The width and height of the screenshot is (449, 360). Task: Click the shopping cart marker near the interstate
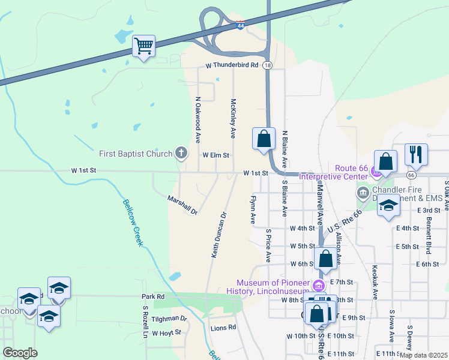[x=144, y=46]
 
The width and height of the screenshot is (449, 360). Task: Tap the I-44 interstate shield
[x=241, y=26]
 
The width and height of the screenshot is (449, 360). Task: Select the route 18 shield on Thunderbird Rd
[x=267, y=65]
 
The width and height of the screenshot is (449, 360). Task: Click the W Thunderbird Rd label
[x=231, y=65]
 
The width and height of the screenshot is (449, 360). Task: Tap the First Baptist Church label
[x=136, y=154]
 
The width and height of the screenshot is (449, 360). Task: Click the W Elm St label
[x=216, y=155]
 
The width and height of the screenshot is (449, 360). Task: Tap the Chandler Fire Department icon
[x=363, y=193]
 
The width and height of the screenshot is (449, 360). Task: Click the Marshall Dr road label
[x=182, y=205]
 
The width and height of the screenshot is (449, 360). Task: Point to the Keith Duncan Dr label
[x=218, y=235]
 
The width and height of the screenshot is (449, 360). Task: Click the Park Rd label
[x=153, y=296]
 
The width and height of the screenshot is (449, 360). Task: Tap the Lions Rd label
[x=223, y=328]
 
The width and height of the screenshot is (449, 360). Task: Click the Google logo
[x=20, y=353]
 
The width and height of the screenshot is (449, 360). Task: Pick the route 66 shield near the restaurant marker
[x=411, y=175]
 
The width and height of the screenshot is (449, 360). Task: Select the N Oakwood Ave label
[x=197, y=120]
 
